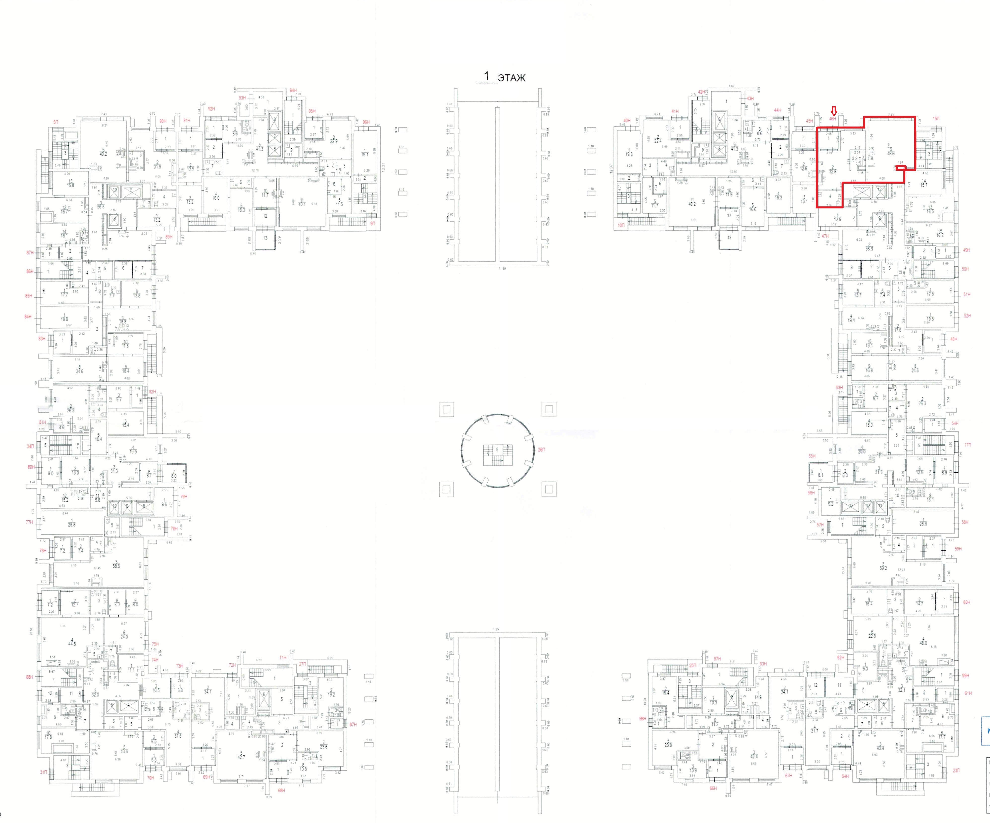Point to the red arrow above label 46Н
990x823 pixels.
click(x=833, y=111)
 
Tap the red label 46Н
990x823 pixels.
click(x=833, y=119)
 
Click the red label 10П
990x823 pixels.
click(x=621, y=225)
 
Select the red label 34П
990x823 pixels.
click(x=30, y=446)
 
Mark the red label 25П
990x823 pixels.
click(x=692, y=665)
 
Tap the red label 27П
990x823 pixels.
click(x=302, y=664)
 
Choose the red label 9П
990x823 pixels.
click(x=373, y=223)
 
